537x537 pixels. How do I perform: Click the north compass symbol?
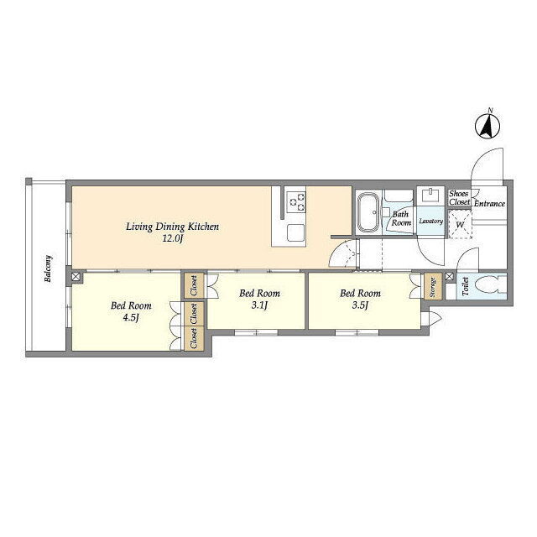[x=487, y=125]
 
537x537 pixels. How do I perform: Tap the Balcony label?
[x=48, y=268]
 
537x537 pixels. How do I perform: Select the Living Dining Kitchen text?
[x=172, y=227]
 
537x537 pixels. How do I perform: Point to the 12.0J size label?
[x=173, y=238]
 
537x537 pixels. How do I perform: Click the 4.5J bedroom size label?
[x=131, y=318]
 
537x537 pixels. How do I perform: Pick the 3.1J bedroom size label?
[x=259, y=305]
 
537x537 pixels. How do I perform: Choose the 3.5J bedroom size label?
[x=360, y=305]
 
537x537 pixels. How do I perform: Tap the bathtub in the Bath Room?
[x=368, y=212]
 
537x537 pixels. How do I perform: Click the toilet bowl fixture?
[x=490, y=284]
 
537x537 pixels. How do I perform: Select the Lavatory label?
[x=430, y=222]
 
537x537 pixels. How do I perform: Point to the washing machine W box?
[x=461, y=225]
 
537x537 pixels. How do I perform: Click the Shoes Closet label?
[x=459, y=198]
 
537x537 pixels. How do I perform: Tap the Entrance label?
[x=489, y=204]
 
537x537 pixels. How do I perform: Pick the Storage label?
[x=433, y=287]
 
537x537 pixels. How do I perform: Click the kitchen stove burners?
[x=296, y=201]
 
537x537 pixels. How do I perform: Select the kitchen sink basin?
[x=295, y=232]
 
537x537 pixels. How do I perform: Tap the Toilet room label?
[x=465, y=286]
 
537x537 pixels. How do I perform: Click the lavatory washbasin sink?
[x=430, y=196]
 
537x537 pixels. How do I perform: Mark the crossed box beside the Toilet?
[x=450, y=276]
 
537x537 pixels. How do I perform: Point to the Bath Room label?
[x=401, y=218]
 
